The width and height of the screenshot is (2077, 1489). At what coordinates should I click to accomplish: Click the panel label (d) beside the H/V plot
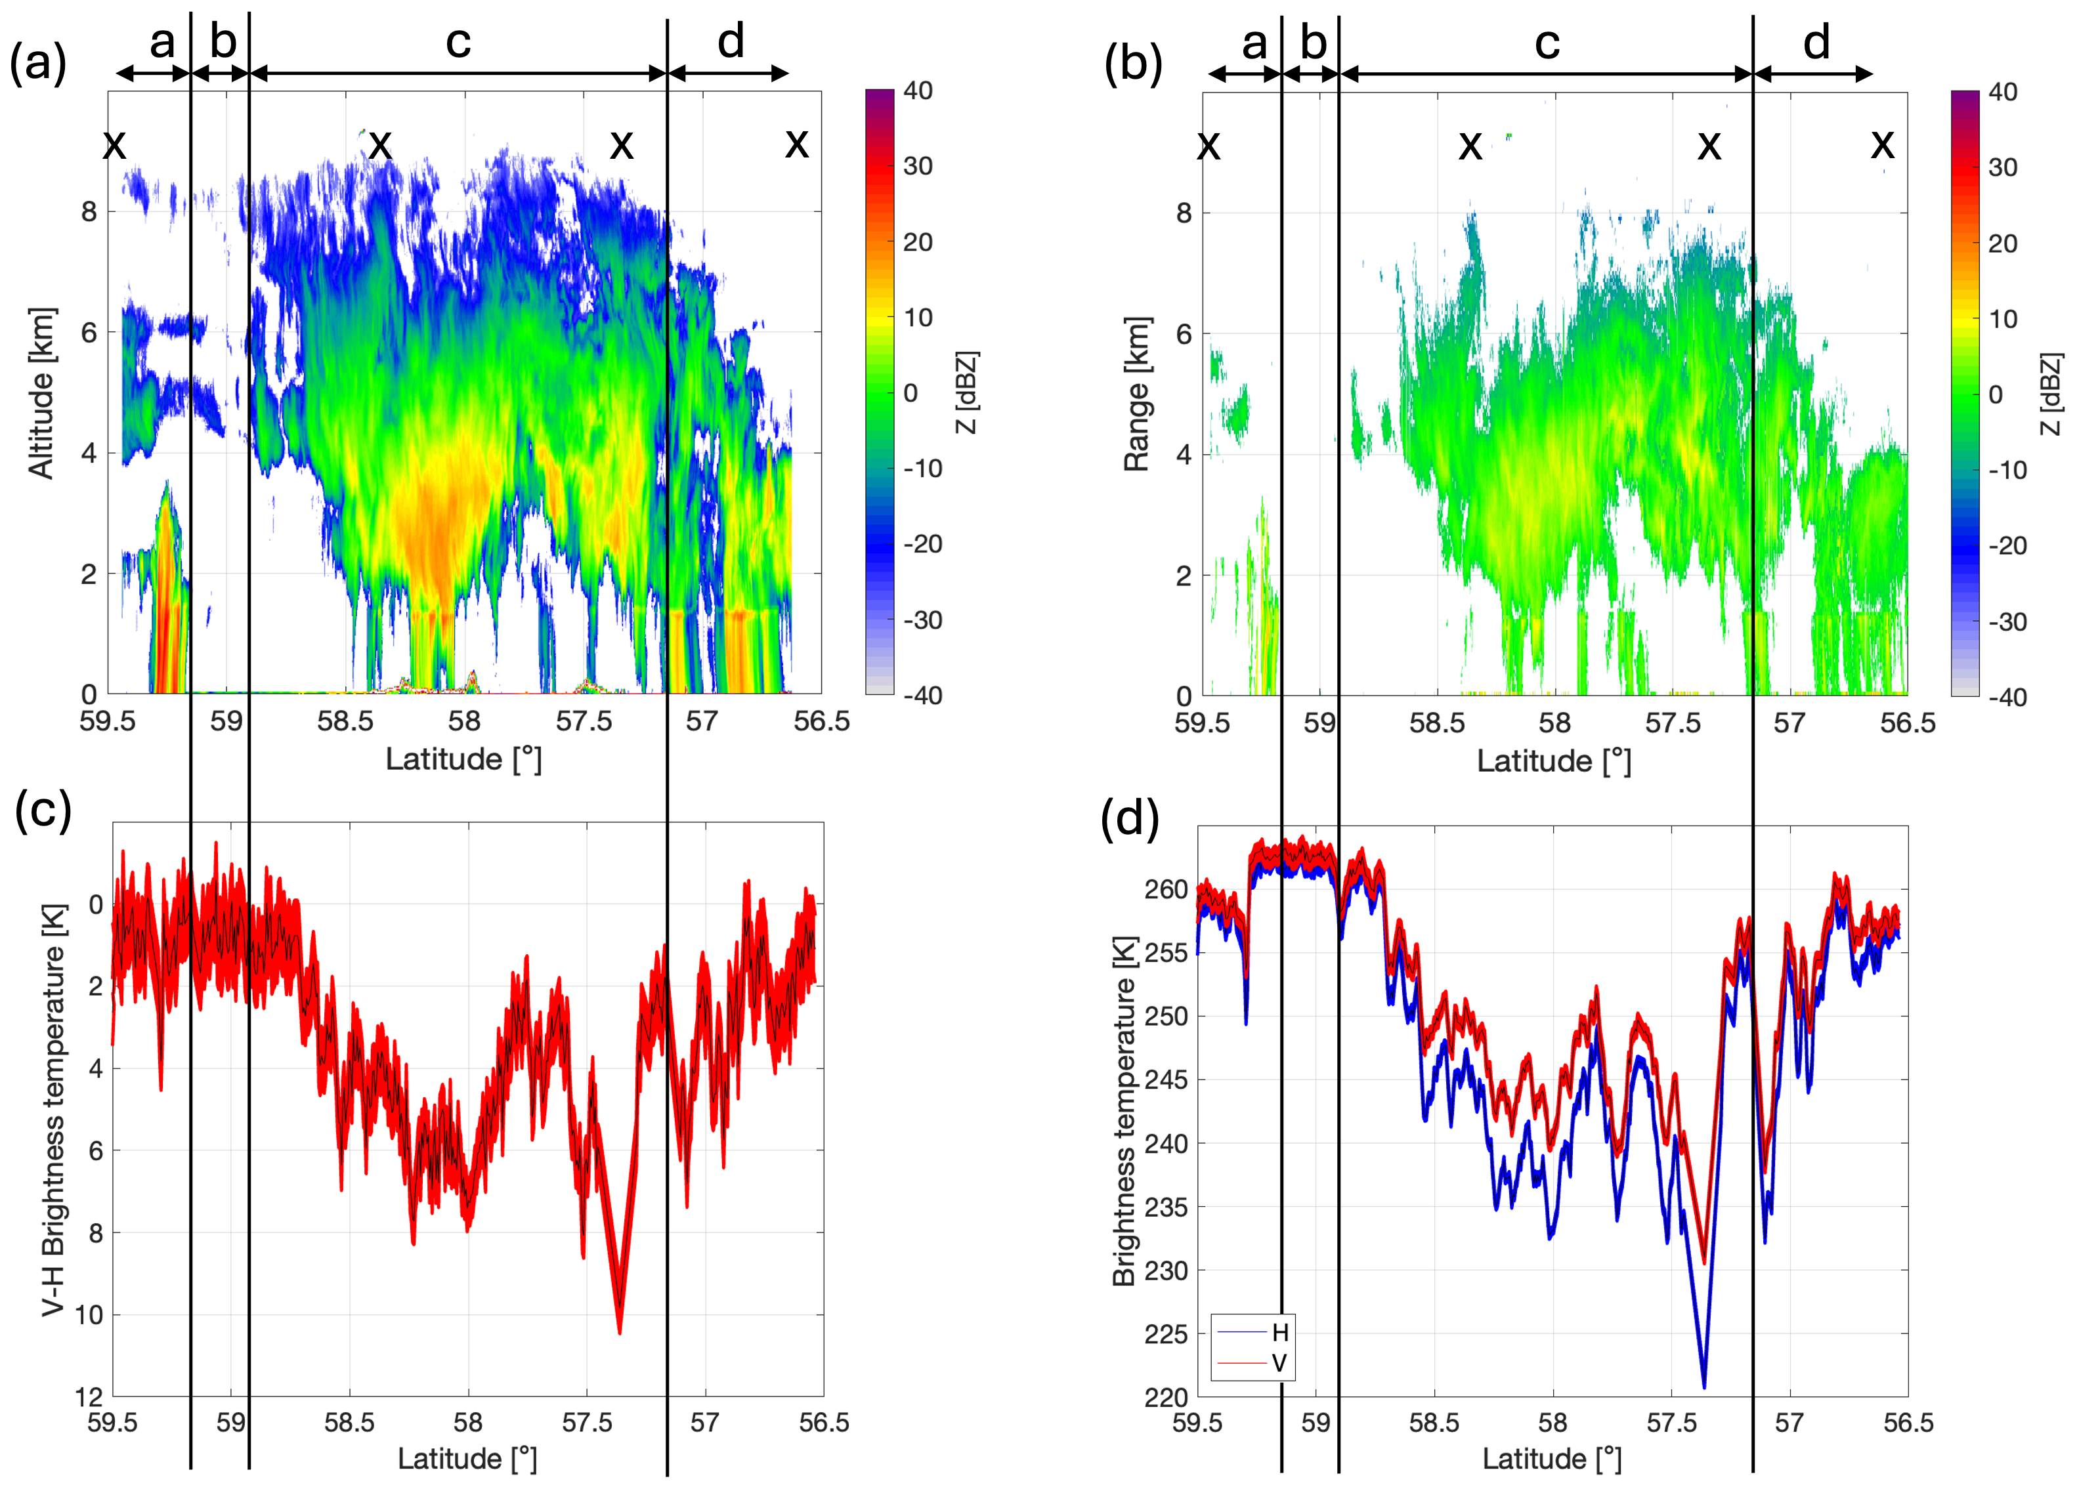pos(1129,818)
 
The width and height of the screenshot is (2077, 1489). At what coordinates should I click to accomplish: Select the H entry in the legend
pos(1279,1332)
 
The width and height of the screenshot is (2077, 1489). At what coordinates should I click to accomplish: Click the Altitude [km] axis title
pos(41,393)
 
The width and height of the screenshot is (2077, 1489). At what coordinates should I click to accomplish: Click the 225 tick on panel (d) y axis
pos(1165,1334)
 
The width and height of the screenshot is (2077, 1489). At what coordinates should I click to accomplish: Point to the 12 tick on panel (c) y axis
pos(88,1396)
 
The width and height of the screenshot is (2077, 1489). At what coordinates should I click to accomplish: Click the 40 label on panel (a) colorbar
pos(918,91)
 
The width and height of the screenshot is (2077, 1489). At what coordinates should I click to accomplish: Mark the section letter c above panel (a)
pos(458,42)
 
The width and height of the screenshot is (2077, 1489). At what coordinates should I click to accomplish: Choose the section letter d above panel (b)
pos(1816,43)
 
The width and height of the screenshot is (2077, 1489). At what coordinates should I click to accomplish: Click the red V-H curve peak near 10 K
pos(620,1331)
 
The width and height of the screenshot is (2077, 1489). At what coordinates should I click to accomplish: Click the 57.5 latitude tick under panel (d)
pos(1671,1422)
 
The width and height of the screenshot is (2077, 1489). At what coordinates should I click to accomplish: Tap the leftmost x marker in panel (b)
pos(1209,144)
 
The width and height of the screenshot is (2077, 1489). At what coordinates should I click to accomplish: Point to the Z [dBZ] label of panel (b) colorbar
pos(2051,394)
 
